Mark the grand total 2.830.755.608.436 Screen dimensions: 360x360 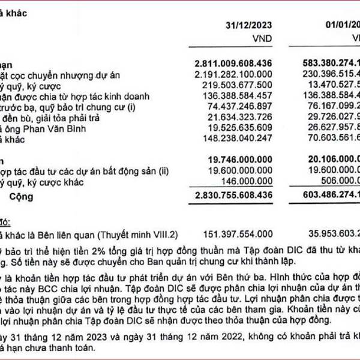point(233,196)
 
